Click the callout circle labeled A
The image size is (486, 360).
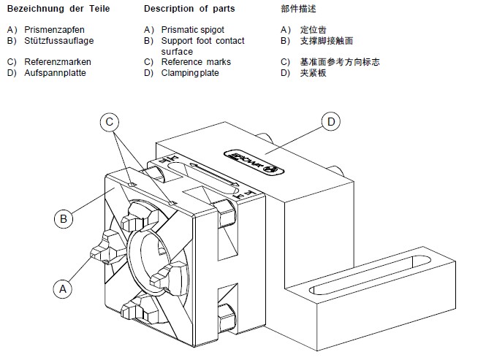tap(63, 288)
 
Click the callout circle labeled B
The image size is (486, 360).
tap(64, 218)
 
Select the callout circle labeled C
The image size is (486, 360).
tap(109, 122)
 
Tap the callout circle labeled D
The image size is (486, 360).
tap(330, 122)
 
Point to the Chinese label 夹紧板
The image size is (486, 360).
tap(311, 73)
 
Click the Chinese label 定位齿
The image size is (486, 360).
tap(311, 30)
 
